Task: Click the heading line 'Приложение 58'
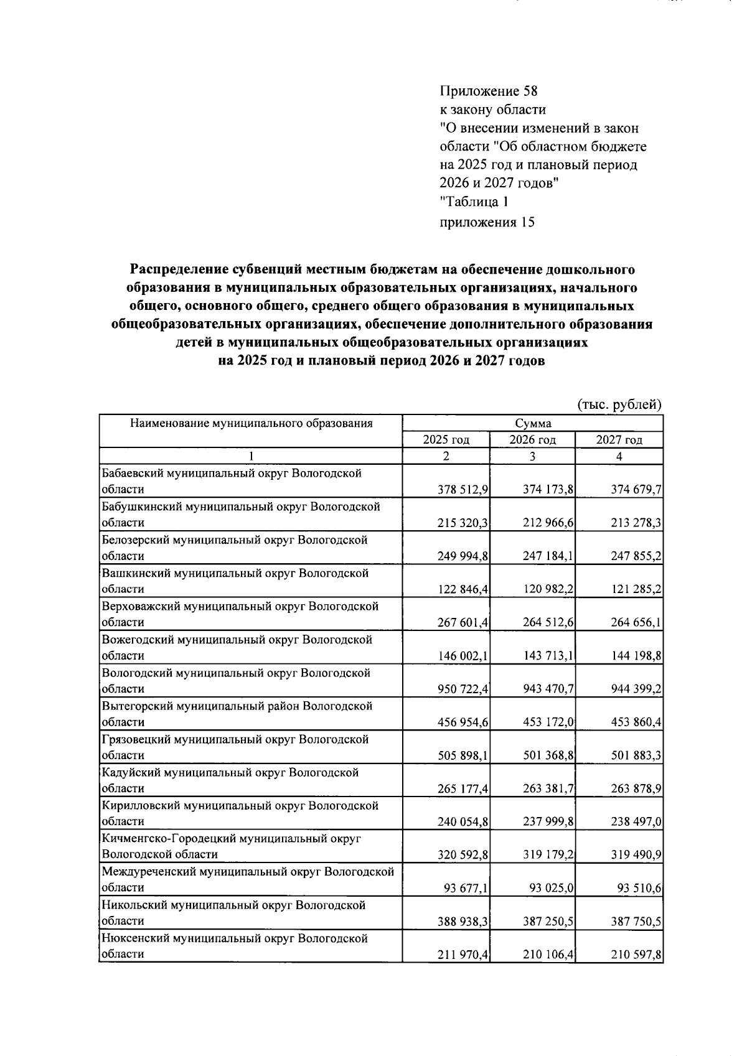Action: (489, 91)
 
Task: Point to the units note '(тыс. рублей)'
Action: (619, 404)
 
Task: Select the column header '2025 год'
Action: (446, 440)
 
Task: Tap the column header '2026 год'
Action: (532, 440)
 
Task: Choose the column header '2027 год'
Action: (619, 440)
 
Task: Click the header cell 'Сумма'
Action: (533, 424)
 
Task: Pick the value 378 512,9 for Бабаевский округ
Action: (463, 490)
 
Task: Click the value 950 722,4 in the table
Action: (463, 689)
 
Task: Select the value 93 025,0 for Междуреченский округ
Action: (552, 888)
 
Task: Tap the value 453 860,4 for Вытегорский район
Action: (636, 722)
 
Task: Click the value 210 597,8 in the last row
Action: (636, 955)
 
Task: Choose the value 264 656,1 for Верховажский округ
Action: (636, 623)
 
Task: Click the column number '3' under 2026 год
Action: (532, 456)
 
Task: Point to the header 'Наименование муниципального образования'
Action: (251, 424)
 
